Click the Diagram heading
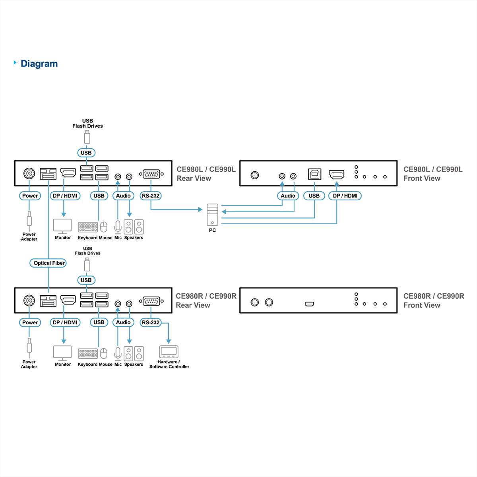(x=39, y=64)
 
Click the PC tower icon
(x=212, y=215)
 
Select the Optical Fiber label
(x=49, y=263)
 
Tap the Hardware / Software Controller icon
(x=169, y=352)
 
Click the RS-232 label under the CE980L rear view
(x=151, y=196)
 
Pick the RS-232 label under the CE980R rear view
(x=151, y=322)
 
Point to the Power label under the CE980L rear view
(x=30, y=196)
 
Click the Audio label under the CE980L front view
(x=288, y=196)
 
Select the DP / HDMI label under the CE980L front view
(x=345, y=196)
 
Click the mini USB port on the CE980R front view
(x=309, y=304)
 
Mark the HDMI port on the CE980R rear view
(x=68, y=300)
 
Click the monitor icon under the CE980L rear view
(x=62, y=226)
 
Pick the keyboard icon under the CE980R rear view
(x=88, y=353)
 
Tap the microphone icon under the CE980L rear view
(x=118, y=227)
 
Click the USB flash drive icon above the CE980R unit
(x=87, y=265)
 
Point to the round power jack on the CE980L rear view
(x=29, y=174)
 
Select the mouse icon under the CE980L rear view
(x=104, y=227)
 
